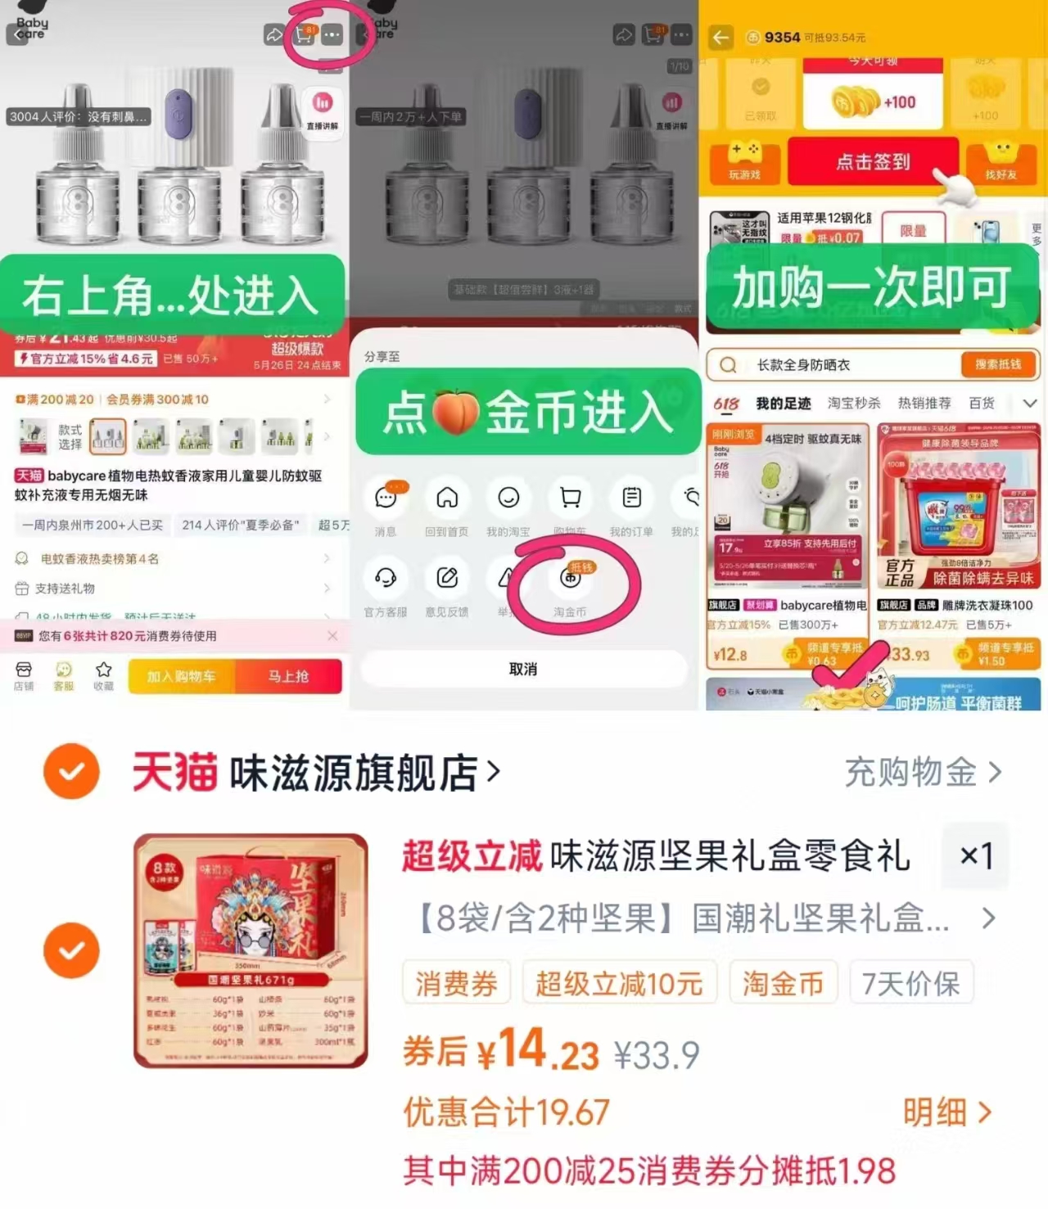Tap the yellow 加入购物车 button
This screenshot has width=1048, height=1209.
(181, 676)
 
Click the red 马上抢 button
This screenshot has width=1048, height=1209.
(288, 676)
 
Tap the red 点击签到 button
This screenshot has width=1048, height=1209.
(873, 161)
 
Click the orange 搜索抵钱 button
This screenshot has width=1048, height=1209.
(997, 364)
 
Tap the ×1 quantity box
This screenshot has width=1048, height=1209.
(975, 856)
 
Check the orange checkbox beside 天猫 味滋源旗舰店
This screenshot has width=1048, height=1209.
(72, 771)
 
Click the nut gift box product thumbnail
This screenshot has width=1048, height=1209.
(251, 950)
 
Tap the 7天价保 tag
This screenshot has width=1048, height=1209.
(911, 983)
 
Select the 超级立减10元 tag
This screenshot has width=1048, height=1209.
(619, 983)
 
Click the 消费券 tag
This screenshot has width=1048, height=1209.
(456, 983)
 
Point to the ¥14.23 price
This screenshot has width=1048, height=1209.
(540, 1051)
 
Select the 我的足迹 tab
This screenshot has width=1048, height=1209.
(783, 403)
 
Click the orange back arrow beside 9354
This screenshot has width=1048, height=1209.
(720, 38)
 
